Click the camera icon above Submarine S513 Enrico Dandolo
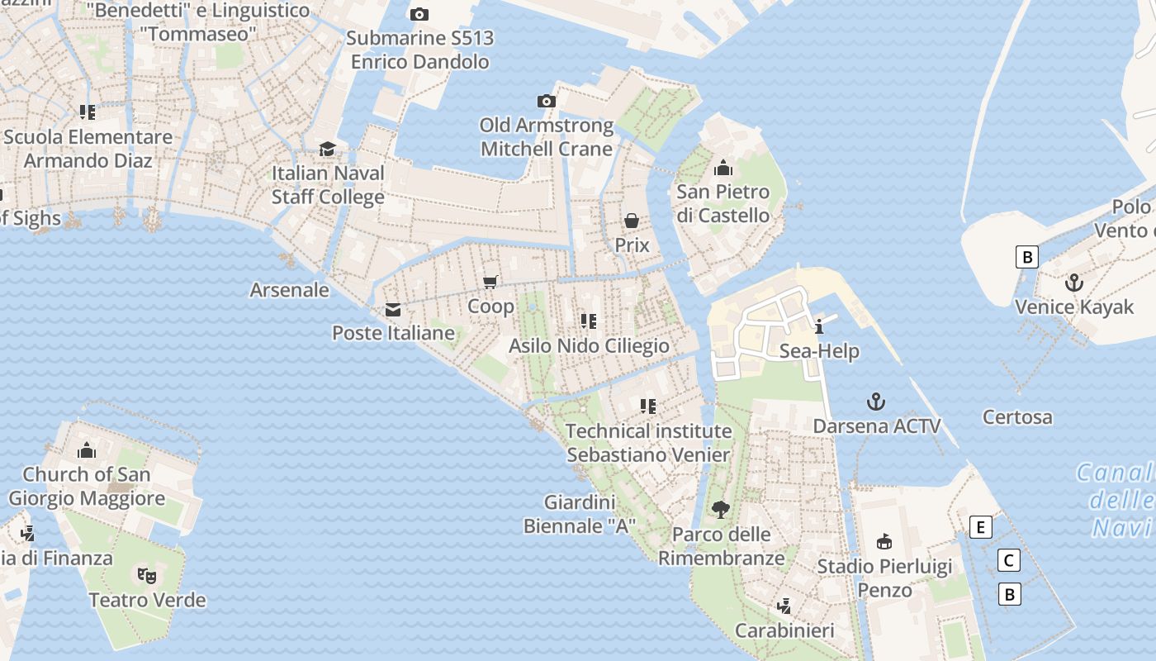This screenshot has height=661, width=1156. (419, 14)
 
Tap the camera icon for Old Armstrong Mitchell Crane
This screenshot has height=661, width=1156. (546, 101)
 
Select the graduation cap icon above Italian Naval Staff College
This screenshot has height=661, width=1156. (328, 149)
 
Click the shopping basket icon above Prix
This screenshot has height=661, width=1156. (632, 221)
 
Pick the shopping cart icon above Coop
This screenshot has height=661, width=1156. (490, 282)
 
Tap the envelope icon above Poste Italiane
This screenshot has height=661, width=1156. (393, 310)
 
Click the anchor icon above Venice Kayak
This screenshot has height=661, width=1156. (1073, 283)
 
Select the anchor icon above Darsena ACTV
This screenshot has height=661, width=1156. (875, 402)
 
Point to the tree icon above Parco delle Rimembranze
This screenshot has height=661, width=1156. (721, 510)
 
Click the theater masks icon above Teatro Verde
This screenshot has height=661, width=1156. (147, 575)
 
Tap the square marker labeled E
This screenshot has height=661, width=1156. (980, 527)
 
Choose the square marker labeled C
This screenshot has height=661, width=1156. (1008, 561)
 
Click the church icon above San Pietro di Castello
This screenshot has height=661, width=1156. (723, 168)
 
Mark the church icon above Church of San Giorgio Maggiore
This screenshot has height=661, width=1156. (87, 450)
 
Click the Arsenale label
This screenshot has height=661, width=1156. (289, 290)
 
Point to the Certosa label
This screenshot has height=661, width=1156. (1017, 417)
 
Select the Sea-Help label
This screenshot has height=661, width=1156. (819, 351)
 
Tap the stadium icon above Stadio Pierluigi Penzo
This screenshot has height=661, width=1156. (884, 542)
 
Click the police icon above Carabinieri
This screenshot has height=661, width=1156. (784, 606)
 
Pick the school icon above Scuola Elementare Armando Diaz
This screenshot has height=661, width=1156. (88, 112)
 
